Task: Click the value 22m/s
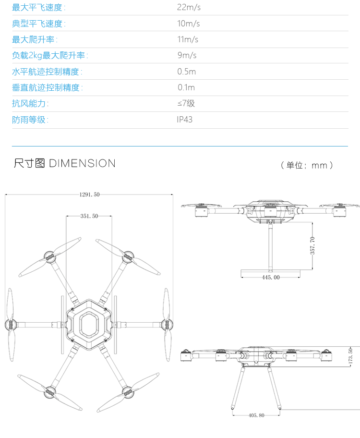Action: pos(188,7)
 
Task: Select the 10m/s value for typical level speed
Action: pos(188,24)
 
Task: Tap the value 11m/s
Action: pos(188,39)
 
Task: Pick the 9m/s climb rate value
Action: pos(187,55)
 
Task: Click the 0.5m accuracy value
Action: pos(187,72)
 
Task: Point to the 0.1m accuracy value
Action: pos(186,87)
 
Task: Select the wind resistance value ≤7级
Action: pos(186,103)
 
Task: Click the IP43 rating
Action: pos(185,120)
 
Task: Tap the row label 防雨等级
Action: pos(30,120)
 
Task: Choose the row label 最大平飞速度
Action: pos(39,7)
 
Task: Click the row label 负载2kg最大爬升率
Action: pos(50,55)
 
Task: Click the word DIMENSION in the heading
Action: pos(82,163)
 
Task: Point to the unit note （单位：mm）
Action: pos(307,166)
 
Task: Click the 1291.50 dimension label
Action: pos(89,195)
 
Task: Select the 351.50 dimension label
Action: pos(89,216)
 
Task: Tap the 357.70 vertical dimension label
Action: pos(312,245)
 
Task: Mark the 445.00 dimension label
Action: pos(271,277)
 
